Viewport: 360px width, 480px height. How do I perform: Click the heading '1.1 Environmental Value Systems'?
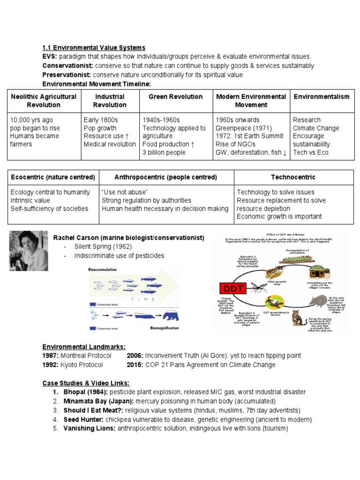point(94,48)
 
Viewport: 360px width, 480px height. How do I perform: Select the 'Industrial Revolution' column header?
point(110,101)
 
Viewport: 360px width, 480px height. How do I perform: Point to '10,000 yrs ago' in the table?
point(30,120)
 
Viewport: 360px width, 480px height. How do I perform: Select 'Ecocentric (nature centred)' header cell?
point(52,177)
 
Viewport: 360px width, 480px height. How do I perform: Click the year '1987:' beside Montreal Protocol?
point(51,356)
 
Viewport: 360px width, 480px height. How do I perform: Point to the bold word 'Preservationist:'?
point(67,75)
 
